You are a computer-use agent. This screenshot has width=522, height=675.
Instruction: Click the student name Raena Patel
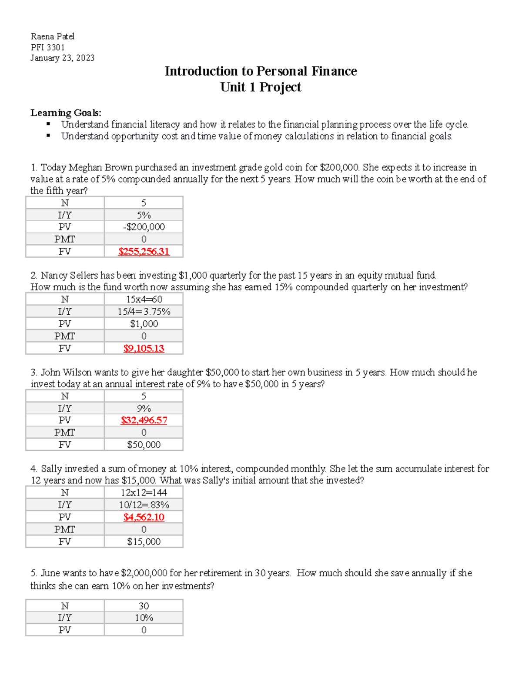[x=52, y=36]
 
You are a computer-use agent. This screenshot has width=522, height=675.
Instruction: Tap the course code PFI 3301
[x=47, y=47]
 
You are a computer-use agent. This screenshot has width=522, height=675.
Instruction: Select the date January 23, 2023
[x=62, y=58]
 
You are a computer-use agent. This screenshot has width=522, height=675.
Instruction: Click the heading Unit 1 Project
[x=261, y=87]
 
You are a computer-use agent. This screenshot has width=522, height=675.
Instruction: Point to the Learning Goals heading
[x=66, y=113]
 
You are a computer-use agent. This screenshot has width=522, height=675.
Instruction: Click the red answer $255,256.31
[x=144, y=252]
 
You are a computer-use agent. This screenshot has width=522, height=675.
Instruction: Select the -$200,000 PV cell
[x=144, y=227]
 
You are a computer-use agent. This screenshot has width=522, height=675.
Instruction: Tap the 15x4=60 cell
[x=144, y=299]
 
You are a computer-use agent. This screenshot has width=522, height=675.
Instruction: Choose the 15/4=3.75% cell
[x=144, y=312]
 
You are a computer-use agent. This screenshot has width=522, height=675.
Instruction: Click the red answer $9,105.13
[x=144, y=349]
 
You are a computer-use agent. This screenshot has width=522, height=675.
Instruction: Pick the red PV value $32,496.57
[x=144, y=420]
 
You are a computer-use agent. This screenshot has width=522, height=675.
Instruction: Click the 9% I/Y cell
[x=144, y=409]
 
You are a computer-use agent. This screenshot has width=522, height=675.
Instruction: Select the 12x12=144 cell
[x=144, y=493]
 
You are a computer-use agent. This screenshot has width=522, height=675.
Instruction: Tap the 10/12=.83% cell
[x=144, y=505]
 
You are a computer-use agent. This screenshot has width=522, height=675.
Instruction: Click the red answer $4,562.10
[x=144, y=517]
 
